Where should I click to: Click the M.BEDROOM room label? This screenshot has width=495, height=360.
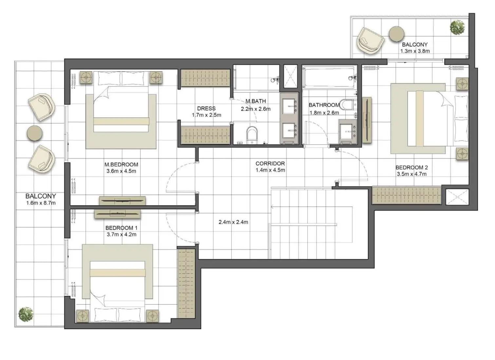pyautogui.click(x=121, y=165)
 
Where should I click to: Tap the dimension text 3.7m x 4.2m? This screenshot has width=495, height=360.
pyautogui.click(x=121, y=234)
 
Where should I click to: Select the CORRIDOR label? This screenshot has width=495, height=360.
pyautogui.click(x=270, y=163)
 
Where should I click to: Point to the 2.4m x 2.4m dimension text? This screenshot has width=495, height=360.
pyautogui.click(x=233, y=222)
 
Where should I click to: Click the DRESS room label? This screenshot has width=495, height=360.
pyautogui.click(x=206, y=108)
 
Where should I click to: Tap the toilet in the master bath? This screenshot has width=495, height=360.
pyautogui.click(x=252, y=135)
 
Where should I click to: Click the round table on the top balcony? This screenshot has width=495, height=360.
pyautogui.click(x=396, y=34)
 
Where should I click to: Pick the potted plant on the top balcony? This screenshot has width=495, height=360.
pyautogui.click(x=457, y=27)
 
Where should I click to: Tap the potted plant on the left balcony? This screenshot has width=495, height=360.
pyautogui.click(x=26, y=315)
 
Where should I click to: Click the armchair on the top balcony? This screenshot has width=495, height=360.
pyautogui.click(x=371, y=40)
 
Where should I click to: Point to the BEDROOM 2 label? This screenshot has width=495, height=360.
pyautogui.click(x=411, y=168)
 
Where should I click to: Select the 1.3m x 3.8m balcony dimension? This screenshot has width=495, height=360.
pyautogui.click(x=415, y=51)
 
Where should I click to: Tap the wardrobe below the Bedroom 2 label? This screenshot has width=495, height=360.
pyautogui.click(x=406, y=195)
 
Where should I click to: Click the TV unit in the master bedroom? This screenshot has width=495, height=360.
pyautogui.click(x=122, y=200)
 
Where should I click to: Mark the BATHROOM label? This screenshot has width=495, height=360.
pyautogui.click(x=324, y=105)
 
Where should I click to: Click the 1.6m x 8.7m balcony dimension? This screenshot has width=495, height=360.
pyautogui.click(x=41, y=203)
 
